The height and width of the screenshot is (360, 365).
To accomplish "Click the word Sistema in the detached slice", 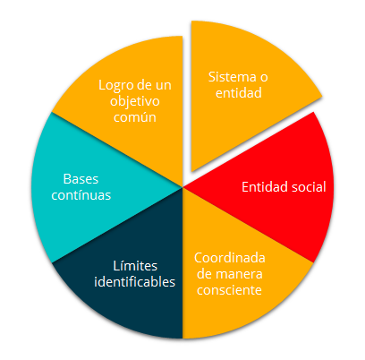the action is coord(232,77).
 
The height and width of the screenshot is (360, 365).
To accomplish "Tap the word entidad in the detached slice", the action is coord(239,93).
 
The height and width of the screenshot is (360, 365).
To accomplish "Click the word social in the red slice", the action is coord(309,187).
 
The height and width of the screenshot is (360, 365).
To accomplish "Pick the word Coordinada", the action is coord(230,258).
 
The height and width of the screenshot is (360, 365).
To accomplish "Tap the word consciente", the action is coord(229,290).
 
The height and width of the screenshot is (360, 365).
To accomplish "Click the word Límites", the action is coord(135,266).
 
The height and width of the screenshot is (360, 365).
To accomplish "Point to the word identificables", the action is coord(134,282).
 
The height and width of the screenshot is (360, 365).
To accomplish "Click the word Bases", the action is coord(81,179).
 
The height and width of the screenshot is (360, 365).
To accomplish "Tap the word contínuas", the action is coord(81,195).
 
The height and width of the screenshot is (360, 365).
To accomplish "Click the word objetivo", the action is coord(135,101).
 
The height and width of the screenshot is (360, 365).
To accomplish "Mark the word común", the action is coord(135,117).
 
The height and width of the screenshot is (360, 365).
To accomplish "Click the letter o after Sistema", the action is coord(264,78).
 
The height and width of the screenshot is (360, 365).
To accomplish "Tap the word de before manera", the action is coord(204,274).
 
